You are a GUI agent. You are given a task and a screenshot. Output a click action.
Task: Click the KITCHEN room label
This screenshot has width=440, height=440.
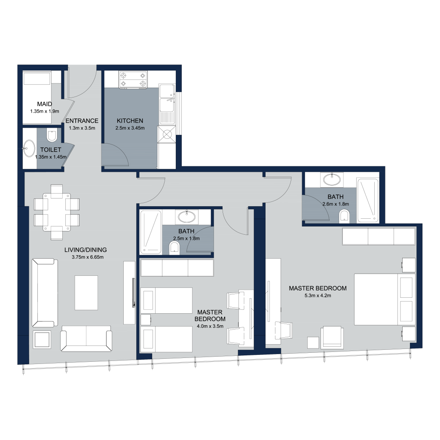[x=130, y=121]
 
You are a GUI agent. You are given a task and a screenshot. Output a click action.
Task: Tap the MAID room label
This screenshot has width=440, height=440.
[x=45, y=104]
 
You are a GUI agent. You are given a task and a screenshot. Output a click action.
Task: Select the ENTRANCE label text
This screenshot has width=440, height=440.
[x=82, y=121]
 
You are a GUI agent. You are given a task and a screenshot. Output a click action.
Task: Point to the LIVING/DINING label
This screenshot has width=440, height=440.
[x=86, y=250]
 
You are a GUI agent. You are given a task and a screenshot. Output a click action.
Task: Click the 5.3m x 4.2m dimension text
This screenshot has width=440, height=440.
[x=318, y=296]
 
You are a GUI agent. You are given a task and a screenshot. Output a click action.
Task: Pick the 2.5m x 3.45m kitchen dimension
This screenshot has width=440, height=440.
[x=130, y=128]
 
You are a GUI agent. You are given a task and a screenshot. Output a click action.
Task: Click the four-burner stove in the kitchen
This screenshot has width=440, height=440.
[x=133, y=80]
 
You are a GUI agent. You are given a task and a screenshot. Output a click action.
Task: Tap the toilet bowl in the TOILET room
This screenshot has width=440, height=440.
[x=52, y=136]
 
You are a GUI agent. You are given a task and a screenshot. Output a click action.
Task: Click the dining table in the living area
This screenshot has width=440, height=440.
[x=57, y=212]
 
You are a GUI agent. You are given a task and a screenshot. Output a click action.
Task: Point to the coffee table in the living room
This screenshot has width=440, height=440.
[x=86, y=293]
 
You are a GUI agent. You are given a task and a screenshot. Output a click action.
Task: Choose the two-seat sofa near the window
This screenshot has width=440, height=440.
[x=86, y=339]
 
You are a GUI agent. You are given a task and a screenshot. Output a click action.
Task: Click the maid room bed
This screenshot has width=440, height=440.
[x=37, y=98]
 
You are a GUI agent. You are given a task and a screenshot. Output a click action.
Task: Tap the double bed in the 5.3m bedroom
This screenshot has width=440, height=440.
[x=385, y=299]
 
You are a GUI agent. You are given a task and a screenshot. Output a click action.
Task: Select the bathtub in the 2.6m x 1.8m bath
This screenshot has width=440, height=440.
[x=368, y=200]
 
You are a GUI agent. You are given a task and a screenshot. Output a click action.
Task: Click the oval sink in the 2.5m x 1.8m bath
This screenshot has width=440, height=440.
[x=186, y=217]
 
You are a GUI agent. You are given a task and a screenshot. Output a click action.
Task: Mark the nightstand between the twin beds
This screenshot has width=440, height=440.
[x=146, y=320]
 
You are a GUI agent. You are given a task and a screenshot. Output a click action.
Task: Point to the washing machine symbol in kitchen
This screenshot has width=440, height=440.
[x=167, y=134]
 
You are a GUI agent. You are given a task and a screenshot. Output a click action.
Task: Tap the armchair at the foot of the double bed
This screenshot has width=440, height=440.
[x=332, y=337]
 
